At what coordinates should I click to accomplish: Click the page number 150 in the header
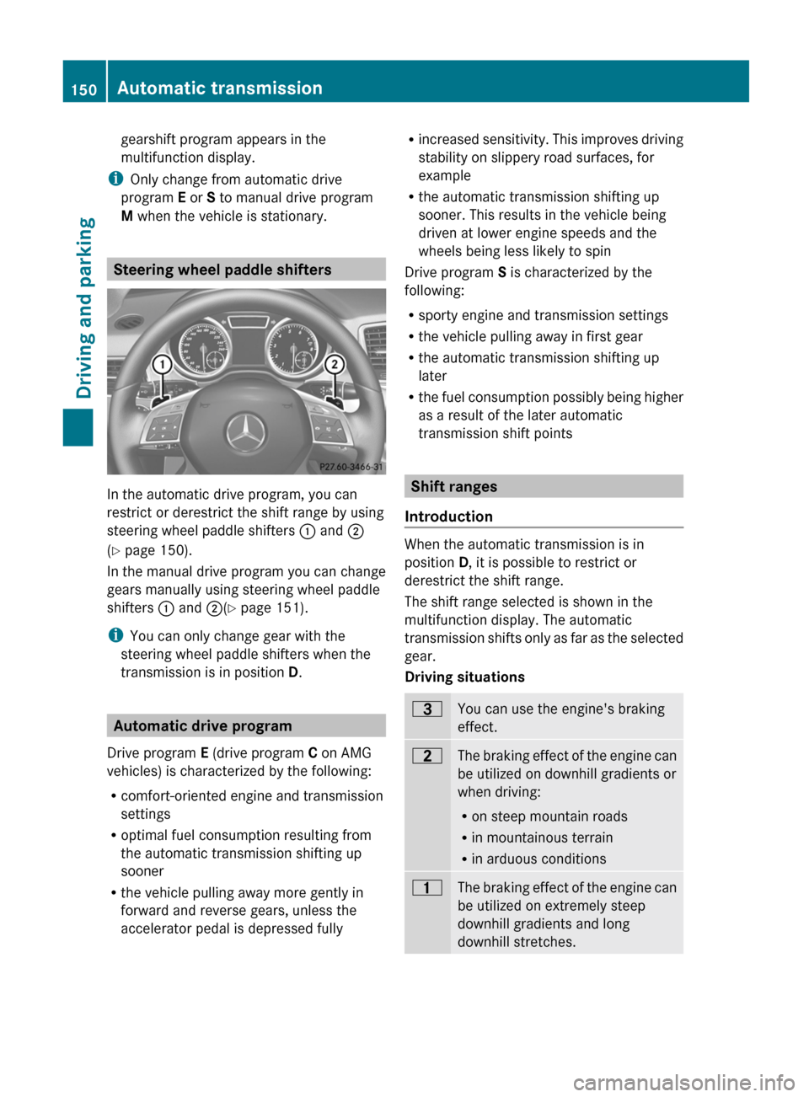click(x=84, y=89)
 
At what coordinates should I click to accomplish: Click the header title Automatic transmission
click(x=219, y=88)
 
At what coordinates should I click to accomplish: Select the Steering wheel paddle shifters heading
click(x=222, y=270)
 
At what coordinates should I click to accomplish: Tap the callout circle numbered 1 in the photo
click(x=161, y=364)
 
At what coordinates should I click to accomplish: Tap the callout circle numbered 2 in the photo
click(x=335, y=364)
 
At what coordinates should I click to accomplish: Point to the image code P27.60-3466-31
click(x=351, y=467)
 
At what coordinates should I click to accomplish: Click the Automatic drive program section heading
click(x=202, y=725)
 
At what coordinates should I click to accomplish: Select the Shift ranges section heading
click(x=453, y=486)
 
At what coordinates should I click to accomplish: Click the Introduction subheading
click(x=448, y=516)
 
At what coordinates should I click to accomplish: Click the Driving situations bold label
click(x=464, y=677)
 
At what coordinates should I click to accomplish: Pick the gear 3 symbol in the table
click(x=427, y=709)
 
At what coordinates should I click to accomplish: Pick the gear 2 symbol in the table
click(x=427, y=756)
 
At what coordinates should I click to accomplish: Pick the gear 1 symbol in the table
click(x=427, y=887)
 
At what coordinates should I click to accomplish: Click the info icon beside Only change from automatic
click(x=115, y=179)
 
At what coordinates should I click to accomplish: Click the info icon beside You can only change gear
click(x=115, y=635)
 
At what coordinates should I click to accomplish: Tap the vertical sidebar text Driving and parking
click(x=84, y=308)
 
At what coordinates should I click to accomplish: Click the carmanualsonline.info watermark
click(x=683, y=1082)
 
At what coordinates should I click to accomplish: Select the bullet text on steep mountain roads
click(x=549, y=816)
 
